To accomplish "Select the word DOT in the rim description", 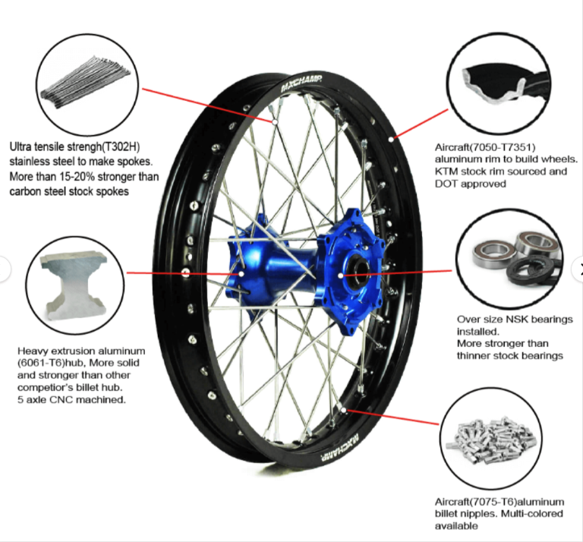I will tap(446, 184).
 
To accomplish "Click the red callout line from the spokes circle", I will tap(209, 105).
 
